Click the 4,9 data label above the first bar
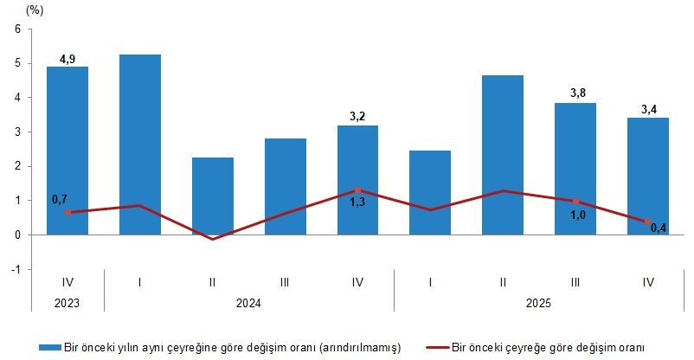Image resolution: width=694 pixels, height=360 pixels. (67, 59)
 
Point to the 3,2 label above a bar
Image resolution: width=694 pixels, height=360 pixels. (357, 117)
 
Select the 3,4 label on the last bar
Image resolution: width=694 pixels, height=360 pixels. (648, 109)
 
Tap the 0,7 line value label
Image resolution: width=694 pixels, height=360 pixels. (60, 200)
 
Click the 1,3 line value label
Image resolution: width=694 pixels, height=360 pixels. (357, 202)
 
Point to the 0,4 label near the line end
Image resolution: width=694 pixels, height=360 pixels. (658, 229)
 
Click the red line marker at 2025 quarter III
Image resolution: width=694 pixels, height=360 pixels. (575, 202)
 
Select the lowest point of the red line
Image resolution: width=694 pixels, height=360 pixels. (212, 239)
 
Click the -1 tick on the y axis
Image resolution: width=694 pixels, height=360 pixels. (15, 269)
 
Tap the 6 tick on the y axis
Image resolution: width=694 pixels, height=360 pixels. (16, 29)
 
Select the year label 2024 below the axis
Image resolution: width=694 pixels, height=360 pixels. (248, 304)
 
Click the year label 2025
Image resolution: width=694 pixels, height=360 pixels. (538, 304)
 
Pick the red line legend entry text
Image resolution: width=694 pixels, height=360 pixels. (553, 347)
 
